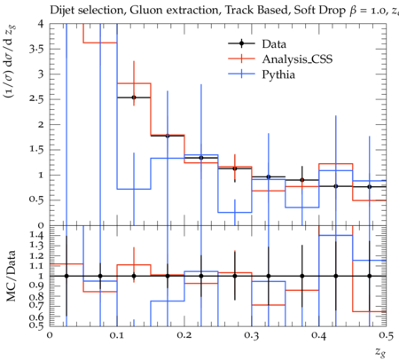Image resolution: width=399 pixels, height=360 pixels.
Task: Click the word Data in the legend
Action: click(x=274, y=44)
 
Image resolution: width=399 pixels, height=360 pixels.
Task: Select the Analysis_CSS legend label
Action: click(x=297, y=59)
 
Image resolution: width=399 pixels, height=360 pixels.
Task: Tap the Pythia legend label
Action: click(x=278, y=74)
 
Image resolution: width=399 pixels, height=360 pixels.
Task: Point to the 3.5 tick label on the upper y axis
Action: click(x=36, y=49)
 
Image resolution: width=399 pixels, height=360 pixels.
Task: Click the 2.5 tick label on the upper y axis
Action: click(x=36, y=99)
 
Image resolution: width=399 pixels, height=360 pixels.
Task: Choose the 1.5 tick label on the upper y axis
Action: click(x=36, y=149)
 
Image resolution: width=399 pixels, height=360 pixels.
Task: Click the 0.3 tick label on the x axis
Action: click(x=252, y=335)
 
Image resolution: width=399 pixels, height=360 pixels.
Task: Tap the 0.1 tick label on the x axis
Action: click(x=117, y=335)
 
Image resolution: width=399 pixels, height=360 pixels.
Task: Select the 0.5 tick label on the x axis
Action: click(x=386, y=335)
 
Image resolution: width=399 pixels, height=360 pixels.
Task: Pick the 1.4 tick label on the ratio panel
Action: click(x=36, y=235)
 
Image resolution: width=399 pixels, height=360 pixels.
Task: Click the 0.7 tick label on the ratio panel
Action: click(x=36, y=304)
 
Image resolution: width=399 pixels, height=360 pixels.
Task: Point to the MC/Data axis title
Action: click(x=11, y=276)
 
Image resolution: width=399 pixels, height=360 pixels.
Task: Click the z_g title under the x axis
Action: click(x=380, y=352)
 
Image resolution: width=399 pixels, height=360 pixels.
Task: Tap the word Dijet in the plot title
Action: click(x=62, y=11)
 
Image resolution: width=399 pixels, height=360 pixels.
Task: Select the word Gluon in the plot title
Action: click(x=142, y=11)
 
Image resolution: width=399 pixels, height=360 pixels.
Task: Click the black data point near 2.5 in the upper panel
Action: click(x=134, y=98)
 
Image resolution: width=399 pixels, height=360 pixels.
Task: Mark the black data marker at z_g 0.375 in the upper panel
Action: click(x=302, y=180)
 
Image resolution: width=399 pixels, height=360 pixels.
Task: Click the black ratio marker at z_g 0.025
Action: click(x=66, y=276)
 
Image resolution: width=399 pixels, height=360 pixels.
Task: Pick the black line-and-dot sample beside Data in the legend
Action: click(x=241, y=43)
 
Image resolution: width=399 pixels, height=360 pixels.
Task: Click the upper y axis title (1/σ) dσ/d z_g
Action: click(x=11, y=61)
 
